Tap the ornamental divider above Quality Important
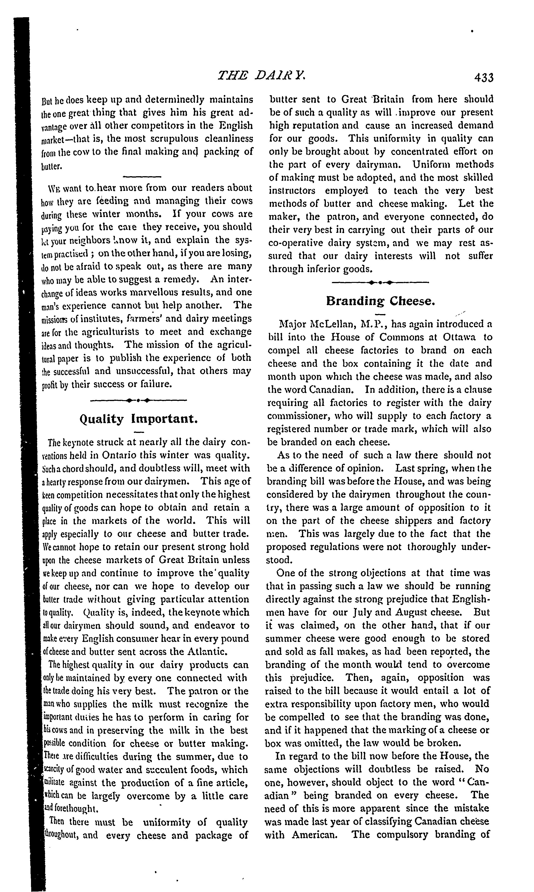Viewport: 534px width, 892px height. click(x=139, y=400)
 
